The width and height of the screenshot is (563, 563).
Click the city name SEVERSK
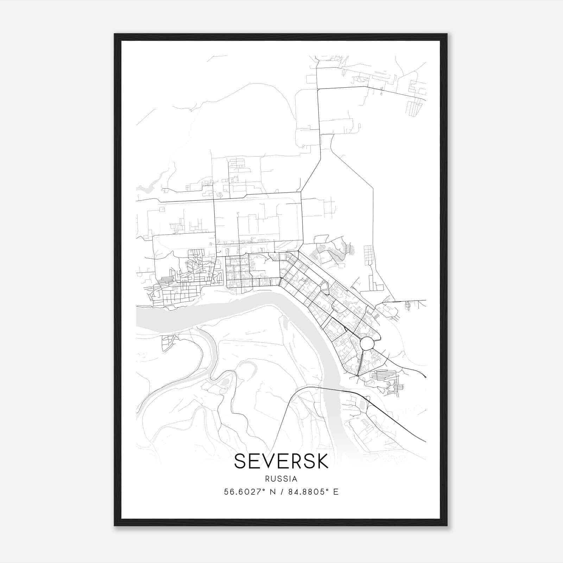click(281, 461)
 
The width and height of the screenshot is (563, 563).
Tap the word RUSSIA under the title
click(281, 479)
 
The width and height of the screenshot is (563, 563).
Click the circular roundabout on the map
click(367, 343)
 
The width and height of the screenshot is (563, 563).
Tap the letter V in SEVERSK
click(268, 461)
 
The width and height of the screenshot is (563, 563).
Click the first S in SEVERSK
click(240, 461)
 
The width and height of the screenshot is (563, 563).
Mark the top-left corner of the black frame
click(115, 34)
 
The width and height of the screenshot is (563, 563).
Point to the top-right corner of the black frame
click(447, 34)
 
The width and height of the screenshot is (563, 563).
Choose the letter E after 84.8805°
click(336, 492)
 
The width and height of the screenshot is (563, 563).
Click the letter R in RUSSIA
click(267, 479)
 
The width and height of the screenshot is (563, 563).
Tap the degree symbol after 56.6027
click(264, 490)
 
